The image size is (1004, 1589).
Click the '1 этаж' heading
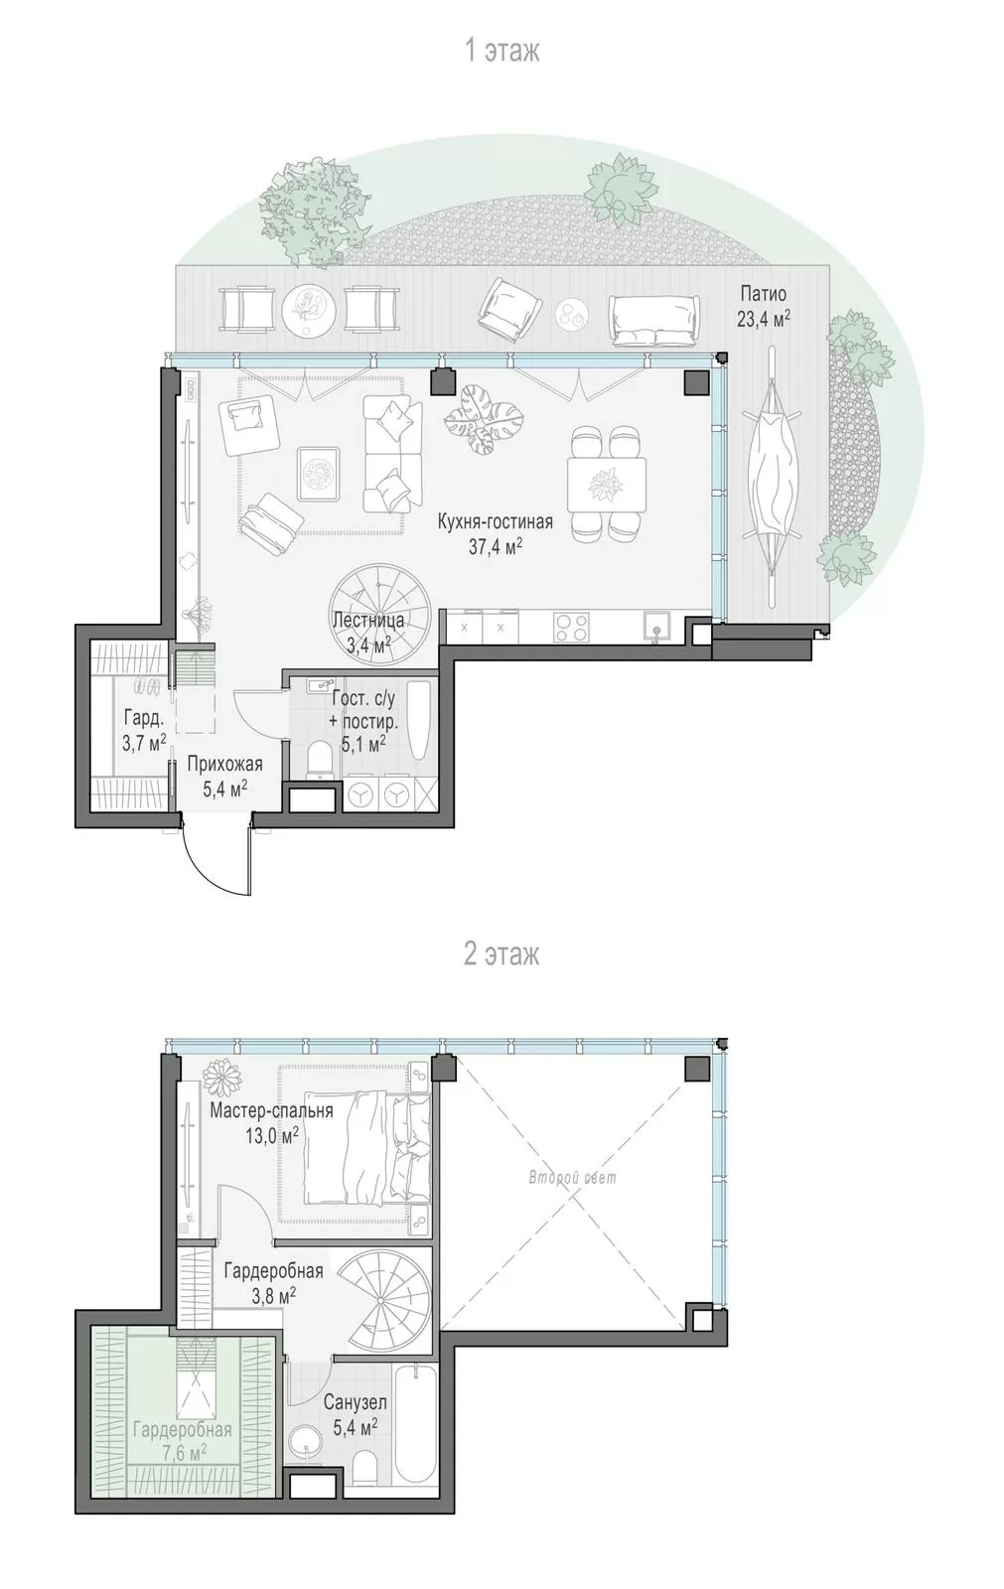coord(502,51)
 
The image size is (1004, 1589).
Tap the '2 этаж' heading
coord(502,954)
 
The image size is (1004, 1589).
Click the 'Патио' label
coord(764,294)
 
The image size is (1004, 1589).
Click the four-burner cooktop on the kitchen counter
coord(571,627)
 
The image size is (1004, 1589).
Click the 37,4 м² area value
coord(496,545)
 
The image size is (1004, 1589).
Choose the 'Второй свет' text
coord(573,1177)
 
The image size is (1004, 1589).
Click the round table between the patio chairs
coord(309,309)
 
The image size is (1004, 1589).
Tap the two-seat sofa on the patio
coord(654,317)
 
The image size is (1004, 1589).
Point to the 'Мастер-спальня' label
coord(272,1110)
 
